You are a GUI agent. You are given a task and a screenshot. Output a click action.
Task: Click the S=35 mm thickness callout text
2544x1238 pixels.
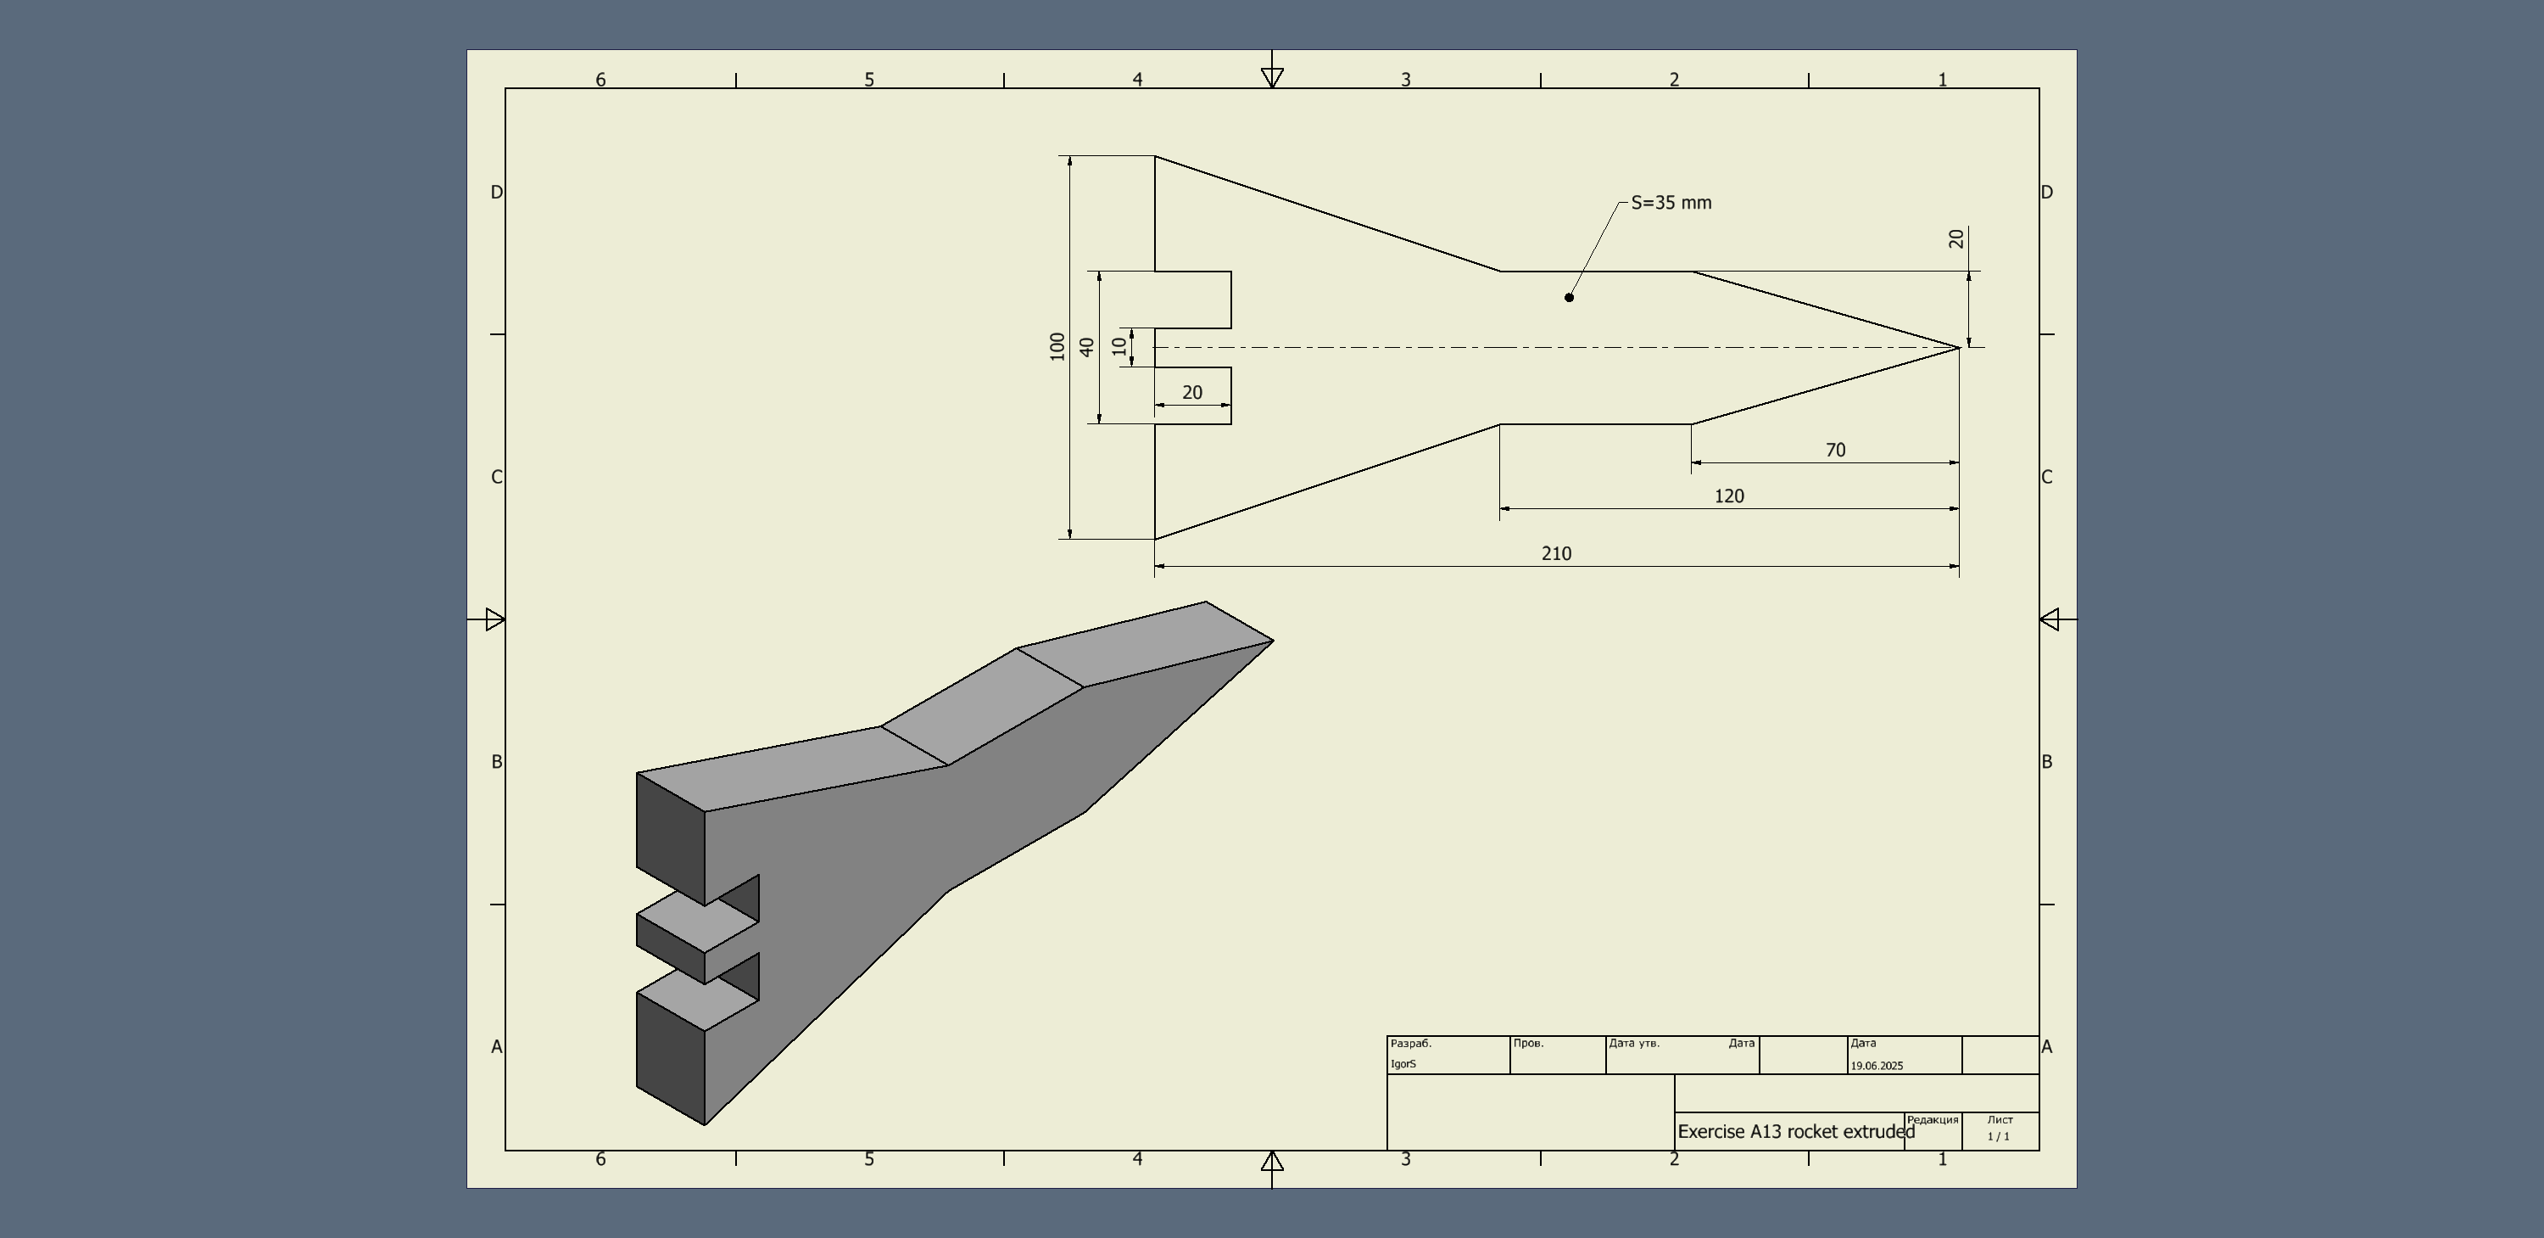(1671, 203)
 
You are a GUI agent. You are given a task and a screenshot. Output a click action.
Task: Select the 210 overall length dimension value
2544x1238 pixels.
(1556, 553)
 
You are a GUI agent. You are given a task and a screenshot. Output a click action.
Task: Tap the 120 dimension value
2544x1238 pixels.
(1728, 496)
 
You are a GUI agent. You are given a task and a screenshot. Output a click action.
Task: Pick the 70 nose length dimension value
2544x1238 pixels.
(1835, 450)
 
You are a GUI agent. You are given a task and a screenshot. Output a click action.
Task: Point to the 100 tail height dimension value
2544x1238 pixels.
(1057, 346)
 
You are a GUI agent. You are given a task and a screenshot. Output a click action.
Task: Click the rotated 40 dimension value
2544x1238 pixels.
(1087, 347)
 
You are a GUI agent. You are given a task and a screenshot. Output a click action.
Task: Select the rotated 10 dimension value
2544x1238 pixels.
(1119, 346)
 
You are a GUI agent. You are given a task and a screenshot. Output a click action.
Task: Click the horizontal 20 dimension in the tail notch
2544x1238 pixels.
(1192, 392)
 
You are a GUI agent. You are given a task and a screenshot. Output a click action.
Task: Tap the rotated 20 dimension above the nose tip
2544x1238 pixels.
(1956, 239)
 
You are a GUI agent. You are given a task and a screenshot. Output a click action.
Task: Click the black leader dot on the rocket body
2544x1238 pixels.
(1570, 297)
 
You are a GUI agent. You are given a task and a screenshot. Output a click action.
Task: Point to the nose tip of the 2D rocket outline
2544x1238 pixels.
(1958, 347)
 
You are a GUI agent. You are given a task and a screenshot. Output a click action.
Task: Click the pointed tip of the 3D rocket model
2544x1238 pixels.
(1272, 641)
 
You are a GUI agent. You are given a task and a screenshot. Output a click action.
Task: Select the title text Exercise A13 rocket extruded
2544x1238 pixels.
(1795, 1131)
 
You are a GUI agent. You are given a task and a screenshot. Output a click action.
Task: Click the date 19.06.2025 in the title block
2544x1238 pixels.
(1877, 1066)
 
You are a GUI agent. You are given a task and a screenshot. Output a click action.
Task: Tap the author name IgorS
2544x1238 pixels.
(1403, 1064)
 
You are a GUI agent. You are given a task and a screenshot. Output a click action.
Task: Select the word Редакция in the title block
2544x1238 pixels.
(1932, 1119)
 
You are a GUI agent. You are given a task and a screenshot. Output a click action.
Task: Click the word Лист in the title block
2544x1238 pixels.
(2000, 1119)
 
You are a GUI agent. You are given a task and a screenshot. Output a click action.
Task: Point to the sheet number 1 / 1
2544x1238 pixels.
(1999, 1136)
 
